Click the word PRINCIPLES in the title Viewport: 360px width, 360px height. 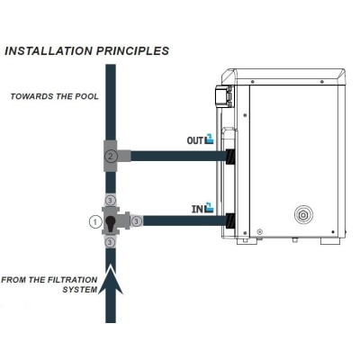(x=132, y=50)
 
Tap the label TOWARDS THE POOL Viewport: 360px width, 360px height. (x=55, y=96)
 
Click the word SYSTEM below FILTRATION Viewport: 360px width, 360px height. (x=80, y=290)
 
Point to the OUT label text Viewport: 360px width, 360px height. (x=195, y=140)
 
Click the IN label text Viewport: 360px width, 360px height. (x=197, y=209)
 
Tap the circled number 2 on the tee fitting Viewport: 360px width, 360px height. (x=111, y=156)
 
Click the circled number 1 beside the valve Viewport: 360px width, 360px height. (x=95, y=222)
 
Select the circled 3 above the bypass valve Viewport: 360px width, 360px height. (x=110, y=200)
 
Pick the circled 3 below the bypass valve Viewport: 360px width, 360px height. (x=110, y=242)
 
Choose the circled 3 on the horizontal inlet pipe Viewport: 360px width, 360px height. (x=137, y=221)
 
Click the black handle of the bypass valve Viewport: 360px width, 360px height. (x=110, y=223)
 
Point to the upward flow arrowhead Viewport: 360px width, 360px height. (x=111, y=279)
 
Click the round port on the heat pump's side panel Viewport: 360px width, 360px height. (x=303, y=215)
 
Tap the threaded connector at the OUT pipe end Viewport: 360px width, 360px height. (x=230, y=156)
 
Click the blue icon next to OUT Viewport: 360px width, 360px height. (x=210, y=139)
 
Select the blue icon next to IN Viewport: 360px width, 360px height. (x=209, y=208)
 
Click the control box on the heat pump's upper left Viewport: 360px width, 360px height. (x=224, y=95)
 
